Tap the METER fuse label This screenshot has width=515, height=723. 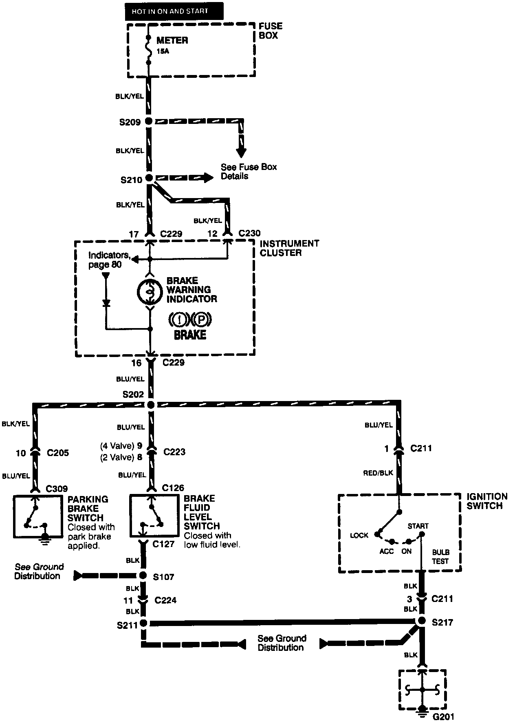[172, 41]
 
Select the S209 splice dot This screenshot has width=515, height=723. [149, 121]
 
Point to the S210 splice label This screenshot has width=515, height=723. [131, 180]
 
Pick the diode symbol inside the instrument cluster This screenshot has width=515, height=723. [106, 303]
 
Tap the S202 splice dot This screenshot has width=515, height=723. [150, 405]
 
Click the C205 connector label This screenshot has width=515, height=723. [57, 453]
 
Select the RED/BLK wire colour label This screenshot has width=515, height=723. [379, 473]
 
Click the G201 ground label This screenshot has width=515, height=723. [443, 716]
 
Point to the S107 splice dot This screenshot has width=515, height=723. [143, 575]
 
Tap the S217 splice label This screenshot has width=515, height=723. [442, 623]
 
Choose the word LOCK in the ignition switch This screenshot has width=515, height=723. [359, 535]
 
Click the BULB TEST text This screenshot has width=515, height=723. [440, 557]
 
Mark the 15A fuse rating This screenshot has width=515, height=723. [163, 52]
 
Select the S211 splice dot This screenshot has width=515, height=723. [143, 623]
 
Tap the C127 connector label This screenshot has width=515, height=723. [163, 544]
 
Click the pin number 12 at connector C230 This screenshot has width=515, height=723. [212, 234]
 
